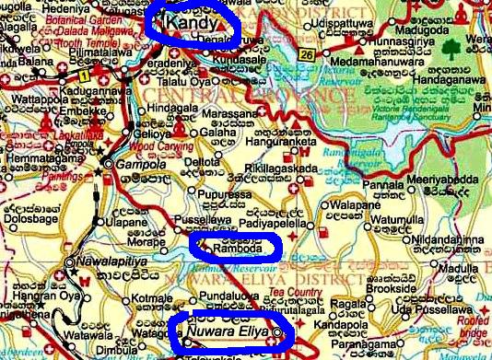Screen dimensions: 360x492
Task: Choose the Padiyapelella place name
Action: (x=267, y=222)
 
